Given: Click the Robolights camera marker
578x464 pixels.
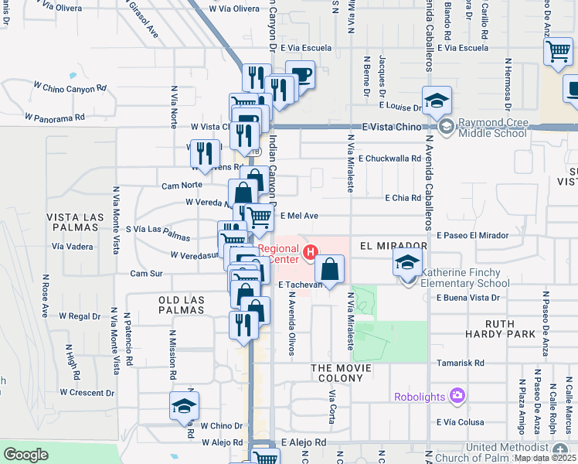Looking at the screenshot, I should click(457, 397).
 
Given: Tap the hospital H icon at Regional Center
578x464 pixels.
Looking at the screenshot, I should click(311, 252).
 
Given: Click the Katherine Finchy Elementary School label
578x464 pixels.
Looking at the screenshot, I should click(466, 278).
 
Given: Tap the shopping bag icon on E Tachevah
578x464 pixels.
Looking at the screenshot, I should click(329, 270).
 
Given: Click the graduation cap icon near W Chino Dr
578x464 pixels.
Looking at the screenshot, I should click(185, 406).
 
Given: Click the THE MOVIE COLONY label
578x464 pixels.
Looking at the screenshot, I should click(337, 372).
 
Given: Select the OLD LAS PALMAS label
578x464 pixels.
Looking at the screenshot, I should click(181, 305).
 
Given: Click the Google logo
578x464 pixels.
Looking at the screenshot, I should click(25, 455).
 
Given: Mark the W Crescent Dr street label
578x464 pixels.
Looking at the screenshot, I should click(81, 393).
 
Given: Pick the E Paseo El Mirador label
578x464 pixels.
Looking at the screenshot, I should click(472, 235).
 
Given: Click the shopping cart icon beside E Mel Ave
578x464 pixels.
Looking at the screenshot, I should click(260, 218).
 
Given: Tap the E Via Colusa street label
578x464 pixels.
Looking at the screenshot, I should click(460, 422).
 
